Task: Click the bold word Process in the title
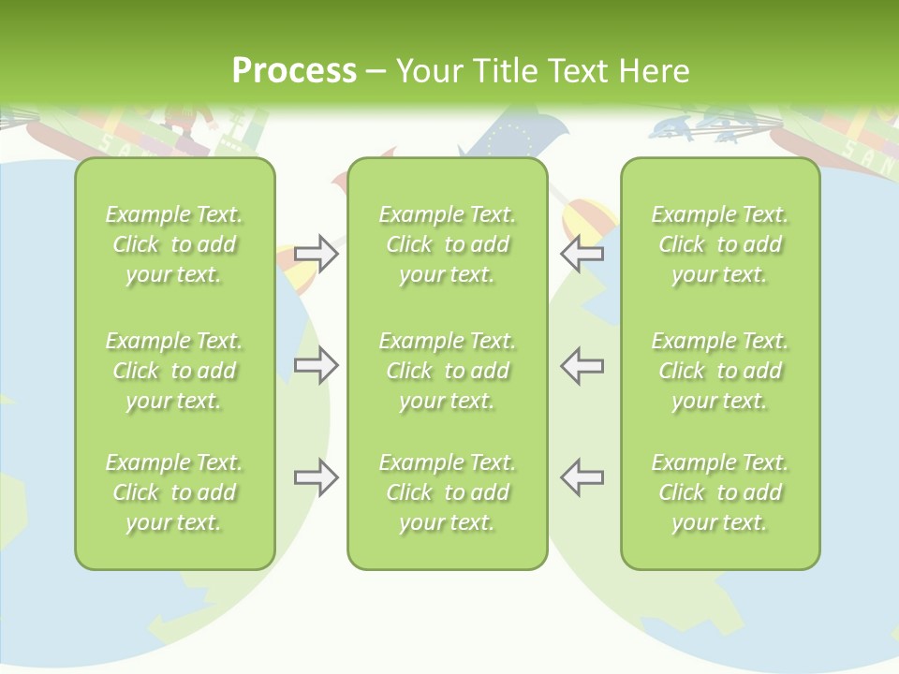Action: point(294,71)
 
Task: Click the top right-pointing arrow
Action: point(317,254)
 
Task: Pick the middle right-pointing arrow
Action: point(317,365)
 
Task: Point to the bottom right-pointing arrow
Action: point(317,477)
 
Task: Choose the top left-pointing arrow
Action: point(582,254)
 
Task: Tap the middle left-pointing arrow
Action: point(582,365)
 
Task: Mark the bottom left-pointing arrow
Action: point(582,477)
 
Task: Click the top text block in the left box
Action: point(174,244)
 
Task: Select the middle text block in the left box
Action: point(174,371)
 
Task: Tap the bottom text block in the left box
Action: point(174,492)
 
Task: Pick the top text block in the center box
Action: point(447,244)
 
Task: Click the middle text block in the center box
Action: point(447,371)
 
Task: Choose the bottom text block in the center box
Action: point(447,492)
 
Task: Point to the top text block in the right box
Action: point(719,244)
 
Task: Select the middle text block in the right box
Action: point(719,371)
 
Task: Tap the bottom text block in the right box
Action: point(719,492)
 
